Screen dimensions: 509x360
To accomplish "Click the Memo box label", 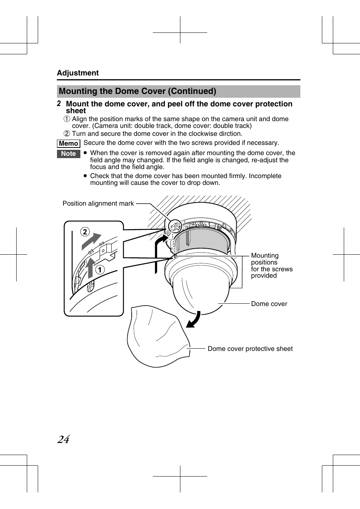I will (68, 143).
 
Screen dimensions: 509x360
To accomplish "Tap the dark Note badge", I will (68, 154).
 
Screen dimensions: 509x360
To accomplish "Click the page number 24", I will (63, 439).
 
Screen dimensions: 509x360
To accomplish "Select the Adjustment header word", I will (78, 73).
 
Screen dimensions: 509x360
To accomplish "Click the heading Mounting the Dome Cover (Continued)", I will (137, 91).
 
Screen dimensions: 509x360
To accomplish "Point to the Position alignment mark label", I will (98, 203).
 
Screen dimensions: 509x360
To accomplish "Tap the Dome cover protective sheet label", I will (250, 349).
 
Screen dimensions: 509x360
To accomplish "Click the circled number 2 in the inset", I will (85, 232).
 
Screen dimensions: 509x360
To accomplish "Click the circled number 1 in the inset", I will (100, 269).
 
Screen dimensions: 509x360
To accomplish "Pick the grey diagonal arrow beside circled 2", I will (91, 241).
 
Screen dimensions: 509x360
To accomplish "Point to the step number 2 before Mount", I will (59, 103).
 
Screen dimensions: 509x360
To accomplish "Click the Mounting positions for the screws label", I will (271, 266).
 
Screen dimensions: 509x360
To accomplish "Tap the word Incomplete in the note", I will (265, 176).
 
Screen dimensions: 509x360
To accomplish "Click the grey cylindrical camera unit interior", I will (202, 240).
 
